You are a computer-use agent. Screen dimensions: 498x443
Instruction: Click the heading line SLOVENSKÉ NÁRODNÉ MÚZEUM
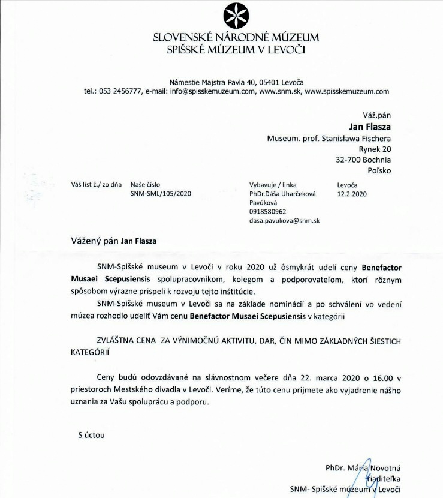click(236, 38)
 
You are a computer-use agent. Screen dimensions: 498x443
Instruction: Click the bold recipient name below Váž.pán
click(369, 127)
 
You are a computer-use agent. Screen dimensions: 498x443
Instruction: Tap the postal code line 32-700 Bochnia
click(363, 160)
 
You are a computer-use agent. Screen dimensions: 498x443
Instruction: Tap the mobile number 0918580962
click(267, 212)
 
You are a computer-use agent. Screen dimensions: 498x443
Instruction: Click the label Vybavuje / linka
click(272, 185)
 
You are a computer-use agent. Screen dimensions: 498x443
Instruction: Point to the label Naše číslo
click(145, 185)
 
